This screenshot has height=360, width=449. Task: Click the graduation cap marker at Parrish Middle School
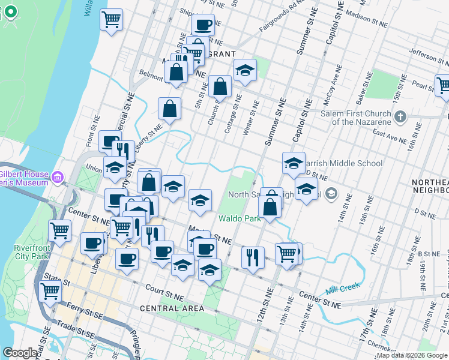pyautogui.click(x=294, y=163)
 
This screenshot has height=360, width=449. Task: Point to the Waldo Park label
pyautogui.click(x=240, y=218)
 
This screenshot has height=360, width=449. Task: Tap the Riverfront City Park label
pyautogui.click(x=31, y=252)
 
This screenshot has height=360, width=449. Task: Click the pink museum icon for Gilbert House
pyautogui.click(x=58, y=178)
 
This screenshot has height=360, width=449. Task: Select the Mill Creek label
pyautogui.click(x=343, y=289)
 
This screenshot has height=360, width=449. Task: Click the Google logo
pyautogui.click(x=20, y=353)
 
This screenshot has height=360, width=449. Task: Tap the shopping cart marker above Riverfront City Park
pyautogui.click(x=59, y=230)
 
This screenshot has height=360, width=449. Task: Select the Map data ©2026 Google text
pyautogui.click(x=412, y=355)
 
